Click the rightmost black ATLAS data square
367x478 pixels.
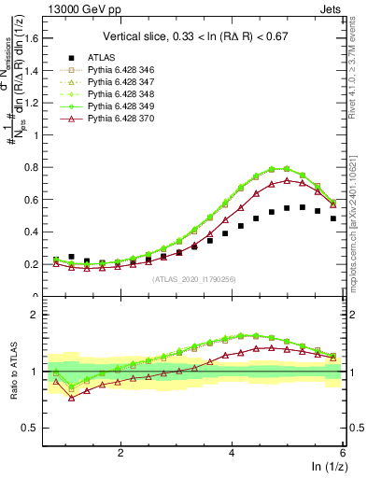coord(332,218)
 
